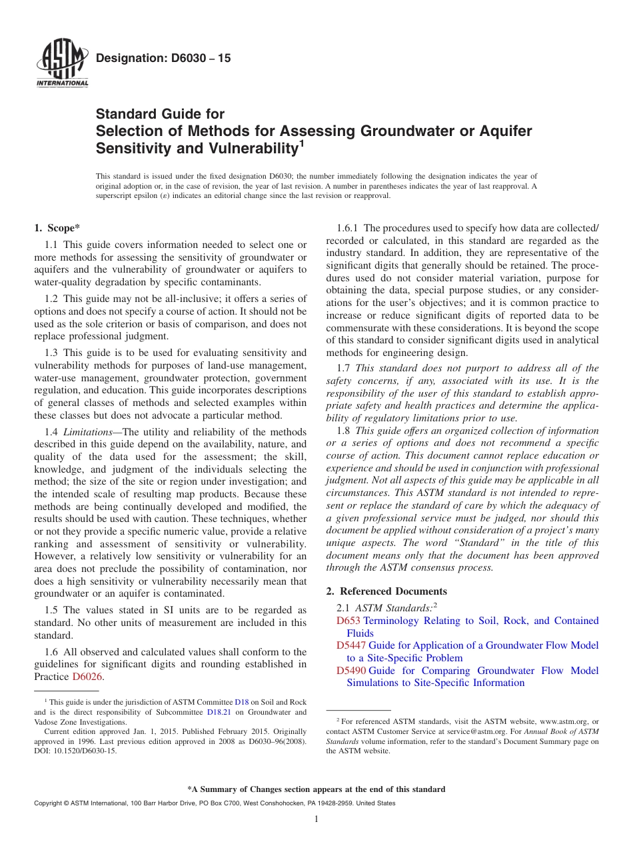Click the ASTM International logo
[x=61, y=65]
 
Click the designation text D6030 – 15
[x=163, y=59]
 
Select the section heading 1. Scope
[x=57, y=229]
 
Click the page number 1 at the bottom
[x=316, y=819]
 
